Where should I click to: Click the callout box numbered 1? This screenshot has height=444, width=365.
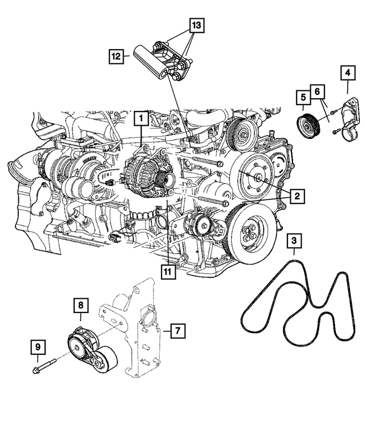click(x=140, y=119)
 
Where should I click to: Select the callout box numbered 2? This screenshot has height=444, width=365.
click(x=296, y=197)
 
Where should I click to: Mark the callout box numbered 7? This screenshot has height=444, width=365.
click(x=177, y=330)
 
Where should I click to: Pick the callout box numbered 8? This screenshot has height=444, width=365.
click(x=82, y=307)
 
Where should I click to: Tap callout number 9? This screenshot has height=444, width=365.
click(x=38, y=347)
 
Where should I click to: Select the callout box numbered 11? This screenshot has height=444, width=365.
click(x=167, y=272)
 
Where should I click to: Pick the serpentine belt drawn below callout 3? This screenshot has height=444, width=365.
click(x=297, y=303)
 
